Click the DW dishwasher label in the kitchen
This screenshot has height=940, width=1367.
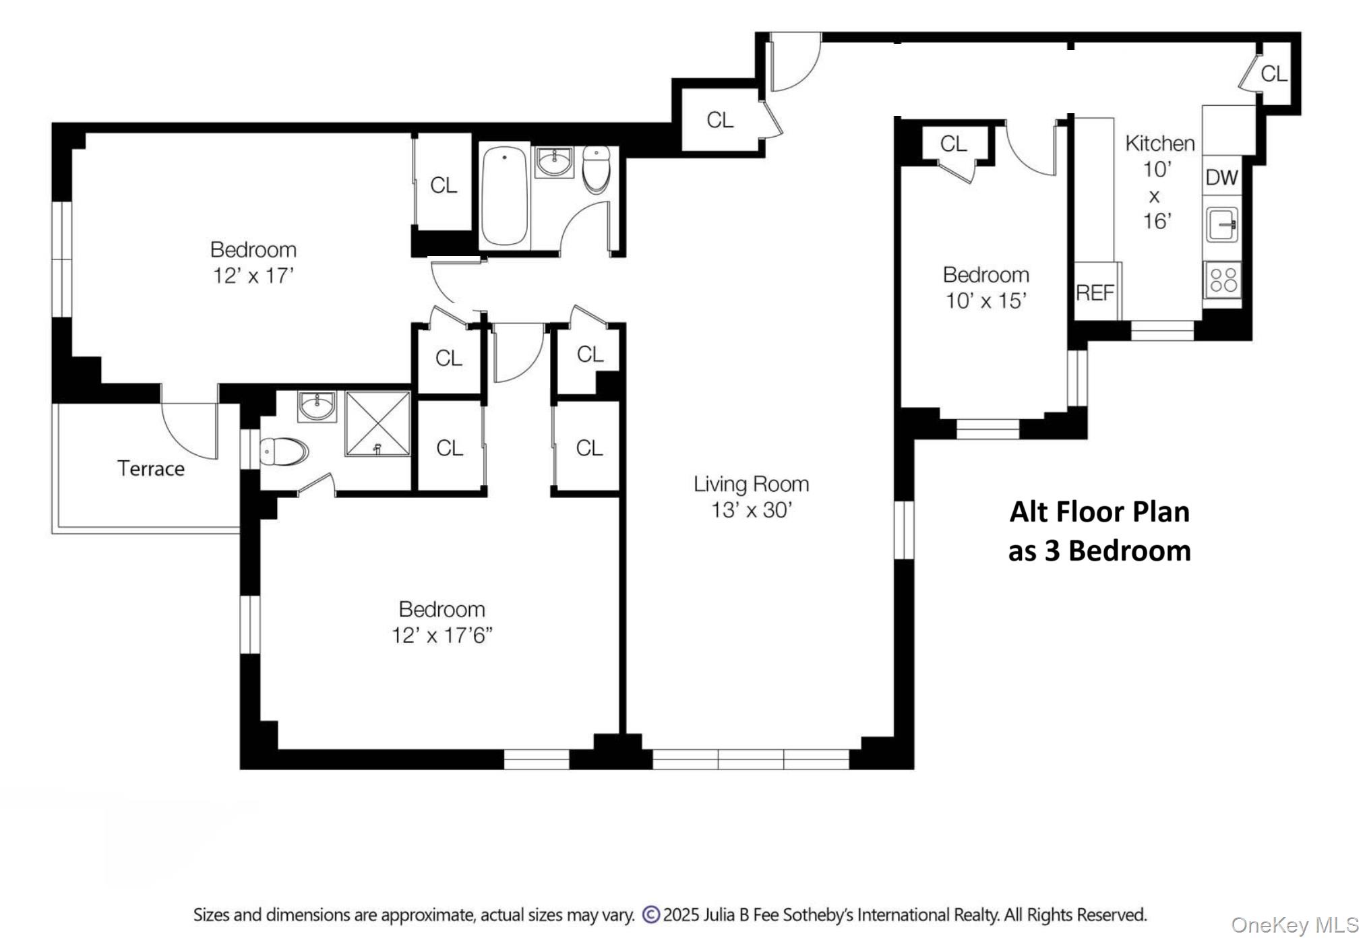(1221, 177)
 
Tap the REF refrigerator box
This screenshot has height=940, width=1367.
(1095, 292)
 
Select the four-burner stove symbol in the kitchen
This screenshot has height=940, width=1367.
(1223, 280)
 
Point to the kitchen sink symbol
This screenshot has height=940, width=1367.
(1222, 224)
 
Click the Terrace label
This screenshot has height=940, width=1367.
(151, 468)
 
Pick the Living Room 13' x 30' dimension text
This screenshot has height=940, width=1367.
(751, 510)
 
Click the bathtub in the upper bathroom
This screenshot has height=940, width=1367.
(504, 195)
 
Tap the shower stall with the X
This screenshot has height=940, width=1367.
(377, 424)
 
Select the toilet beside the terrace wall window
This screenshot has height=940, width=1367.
(284, 451)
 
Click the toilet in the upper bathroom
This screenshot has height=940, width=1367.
(596, 168)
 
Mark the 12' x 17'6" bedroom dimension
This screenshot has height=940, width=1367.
(442, 635)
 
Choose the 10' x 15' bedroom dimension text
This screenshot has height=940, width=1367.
(985, 301)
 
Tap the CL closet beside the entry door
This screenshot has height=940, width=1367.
(720, 120)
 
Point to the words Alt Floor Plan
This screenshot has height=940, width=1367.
(1099, 511)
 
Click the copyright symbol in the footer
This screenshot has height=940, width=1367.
(650, 914)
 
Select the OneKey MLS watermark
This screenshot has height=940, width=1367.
(1295, 925)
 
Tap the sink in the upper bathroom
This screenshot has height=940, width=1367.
(554, 162)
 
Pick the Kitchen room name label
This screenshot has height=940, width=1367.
(1159, 143)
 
